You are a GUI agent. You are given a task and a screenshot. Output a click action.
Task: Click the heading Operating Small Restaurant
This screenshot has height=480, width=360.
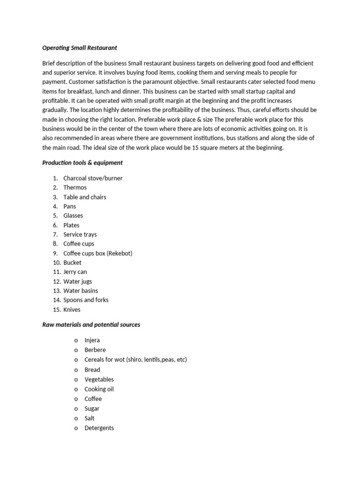[x=79, y=48]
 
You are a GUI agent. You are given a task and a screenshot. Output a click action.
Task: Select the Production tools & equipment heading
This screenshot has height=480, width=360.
[x=82, y=163]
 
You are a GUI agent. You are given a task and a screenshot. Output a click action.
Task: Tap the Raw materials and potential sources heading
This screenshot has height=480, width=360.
[x=91, y=324]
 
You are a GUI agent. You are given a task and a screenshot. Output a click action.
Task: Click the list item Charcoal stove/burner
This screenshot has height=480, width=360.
[x=93, y=178]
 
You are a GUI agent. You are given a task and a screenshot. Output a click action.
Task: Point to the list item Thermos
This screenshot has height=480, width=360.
[x=75, y=187]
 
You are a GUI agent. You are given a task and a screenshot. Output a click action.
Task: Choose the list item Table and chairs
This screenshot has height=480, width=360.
[x=85, y=197]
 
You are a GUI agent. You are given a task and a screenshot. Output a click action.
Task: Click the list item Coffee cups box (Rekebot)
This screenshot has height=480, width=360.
[x=98, y=253]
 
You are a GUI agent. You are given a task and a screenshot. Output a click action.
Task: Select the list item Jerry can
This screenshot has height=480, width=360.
[x=75, y=272]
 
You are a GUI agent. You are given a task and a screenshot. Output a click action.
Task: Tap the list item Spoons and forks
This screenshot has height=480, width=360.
[x=86, y=300]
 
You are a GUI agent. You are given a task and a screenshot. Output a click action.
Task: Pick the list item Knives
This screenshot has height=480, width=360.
[x=72, y=309]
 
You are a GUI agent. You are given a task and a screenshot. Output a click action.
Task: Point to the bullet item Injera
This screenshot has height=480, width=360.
[x=92, y=340]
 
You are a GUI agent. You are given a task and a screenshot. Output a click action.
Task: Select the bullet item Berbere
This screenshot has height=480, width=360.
[x=95, y=350]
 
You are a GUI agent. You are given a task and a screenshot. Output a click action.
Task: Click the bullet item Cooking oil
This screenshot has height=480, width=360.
[x=99, y=389]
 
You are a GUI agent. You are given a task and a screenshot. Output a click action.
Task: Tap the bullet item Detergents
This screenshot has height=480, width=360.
[x=99, y=428]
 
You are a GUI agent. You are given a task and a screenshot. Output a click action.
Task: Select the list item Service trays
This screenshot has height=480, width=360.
[x=80, y=234]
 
